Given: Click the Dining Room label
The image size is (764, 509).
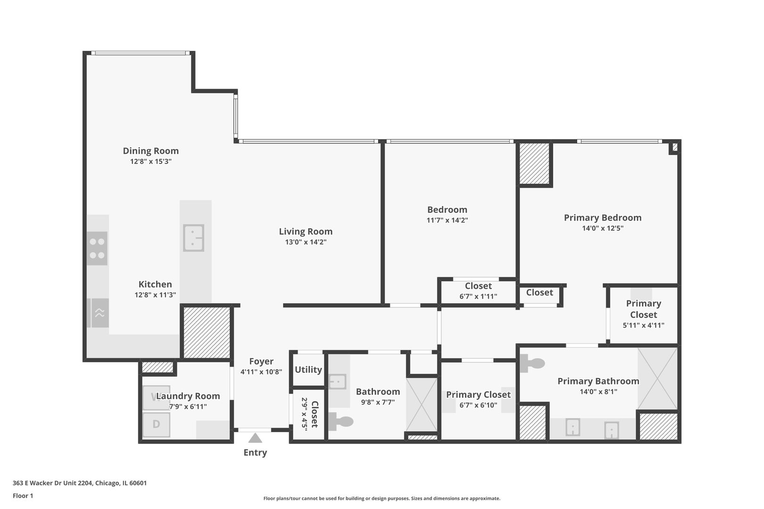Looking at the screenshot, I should (150, 151).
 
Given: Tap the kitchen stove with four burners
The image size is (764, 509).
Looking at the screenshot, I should (97, 248).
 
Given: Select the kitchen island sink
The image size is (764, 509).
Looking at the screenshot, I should (193, 238).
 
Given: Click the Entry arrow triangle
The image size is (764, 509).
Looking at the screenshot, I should (255, 438).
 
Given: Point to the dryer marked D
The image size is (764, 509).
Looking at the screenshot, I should (156, 424).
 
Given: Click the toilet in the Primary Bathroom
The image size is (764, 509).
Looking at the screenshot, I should (532, 363).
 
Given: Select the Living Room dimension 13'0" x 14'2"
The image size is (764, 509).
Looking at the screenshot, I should (306, 242).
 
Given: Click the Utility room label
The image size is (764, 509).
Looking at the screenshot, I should (308, 369).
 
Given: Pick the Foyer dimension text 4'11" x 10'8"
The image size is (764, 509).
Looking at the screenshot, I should (261, 372).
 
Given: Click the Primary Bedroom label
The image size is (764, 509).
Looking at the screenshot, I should (602, 218).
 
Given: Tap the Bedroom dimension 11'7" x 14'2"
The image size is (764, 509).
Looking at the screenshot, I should (447, 220).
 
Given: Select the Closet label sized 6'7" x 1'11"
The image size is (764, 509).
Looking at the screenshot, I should (478, 286).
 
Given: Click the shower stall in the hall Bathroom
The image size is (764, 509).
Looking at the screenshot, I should (422, 404).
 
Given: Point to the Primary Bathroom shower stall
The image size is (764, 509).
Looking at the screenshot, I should (657, 378).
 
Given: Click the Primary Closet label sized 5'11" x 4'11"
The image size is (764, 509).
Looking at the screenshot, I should (643, 309).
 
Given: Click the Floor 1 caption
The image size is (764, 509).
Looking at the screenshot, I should (23, 496).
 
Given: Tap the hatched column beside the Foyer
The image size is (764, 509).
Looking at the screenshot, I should (206, 332).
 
